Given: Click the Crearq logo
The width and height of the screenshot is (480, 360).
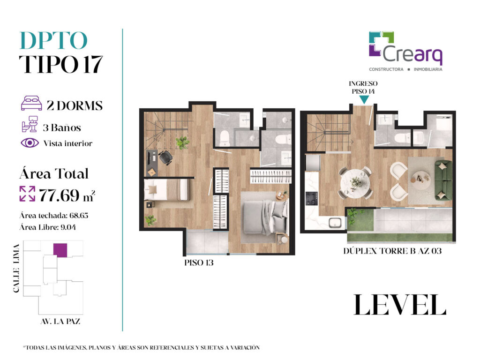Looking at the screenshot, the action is point(405,52).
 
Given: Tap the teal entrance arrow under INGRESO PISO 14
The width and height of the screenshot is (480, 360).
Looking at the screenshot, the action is point(364,99).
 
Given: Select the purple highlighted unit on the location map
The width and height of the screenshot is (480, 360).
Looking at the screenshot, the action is point(60,250).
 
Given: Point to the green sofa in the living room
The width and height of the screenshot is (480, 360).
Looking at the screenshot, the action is point(443,180).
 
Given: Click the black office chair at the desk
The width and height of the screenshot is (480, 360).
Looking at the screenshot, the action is point(165,157).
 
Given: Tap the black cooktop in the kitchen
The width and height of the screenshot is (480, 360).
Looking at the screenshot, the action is point(312,198).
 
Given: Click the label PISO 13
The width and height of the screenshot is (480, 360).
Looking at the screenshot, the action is point(199,262).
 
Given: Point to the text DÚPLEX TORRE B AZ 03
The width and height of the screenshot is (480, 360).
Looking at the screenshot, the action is point(392,251).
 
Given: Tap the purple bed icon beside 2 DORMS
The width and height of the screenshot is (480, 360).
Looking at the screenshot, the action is point(31,103).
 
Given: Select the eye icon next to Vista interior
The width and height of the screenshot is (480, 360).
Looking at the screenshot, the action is point(30,143).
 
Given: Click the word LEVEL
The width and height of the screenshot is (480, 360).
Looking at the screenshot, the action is point(400,305).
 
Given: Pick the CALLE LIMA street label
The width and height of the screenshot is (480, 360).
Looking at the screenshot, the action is point(16,268).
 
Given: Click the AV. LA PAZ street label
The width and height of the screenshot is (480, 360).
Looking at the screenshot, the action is point(60,322).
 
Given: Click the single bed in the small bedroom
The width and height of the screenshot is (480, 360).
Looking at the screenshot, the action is point(166,190).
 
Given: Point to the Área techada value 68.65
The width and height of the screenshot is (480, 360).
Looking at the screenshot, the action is point(79,216).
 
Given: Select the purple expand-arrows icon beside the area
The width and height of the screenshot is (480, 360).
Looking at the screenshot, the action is point(27,194).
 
